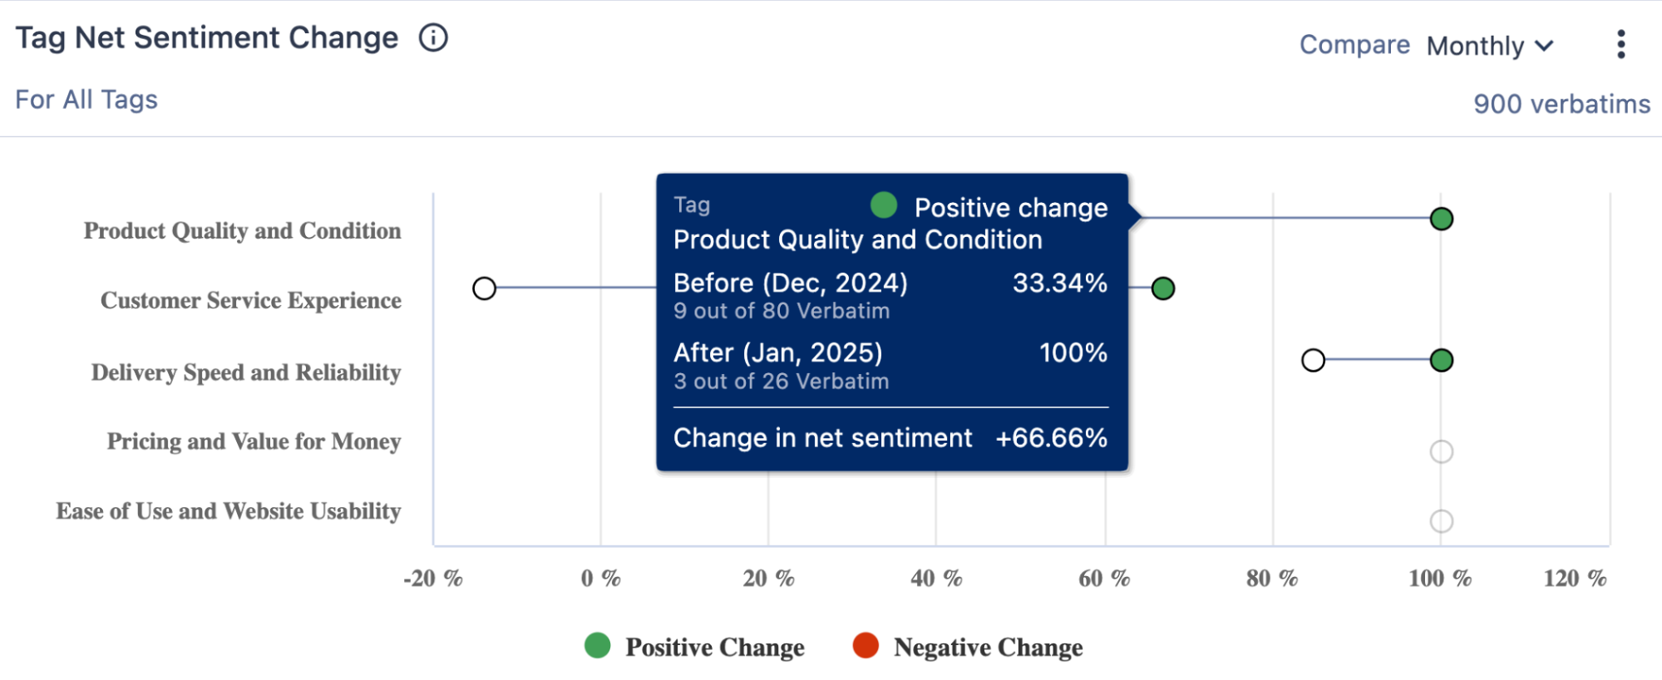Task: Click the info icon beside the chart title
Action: tap(433, 37)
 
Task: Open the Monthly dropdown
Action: tap(1489, 46)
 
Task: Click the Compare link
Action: tap(1354, 44)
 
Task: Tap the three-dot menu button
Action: tap(1620, 44)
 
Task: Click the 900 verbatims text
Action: tap(1561, 104)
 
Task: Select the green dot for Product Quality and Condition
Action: tap(1441, 219)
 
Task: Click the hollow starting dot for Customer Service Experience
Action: tap(484, 288)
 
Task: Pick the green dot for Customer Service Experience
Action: tap(1162, 288)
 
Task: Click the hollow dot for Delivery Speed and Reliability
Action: tap(1313, 360)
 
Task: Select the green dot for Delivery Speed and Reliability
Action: tap(1441, 360)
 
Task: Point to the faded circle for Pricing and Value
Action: tap(1441, 451)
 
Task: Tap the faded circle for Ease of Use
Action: tap(1441, 521)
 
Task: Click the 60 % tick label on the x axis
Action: tap(1103, 579)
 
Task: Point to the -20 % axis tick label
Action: tap(432, 579)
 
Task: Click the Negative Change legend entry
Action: tap(968, 647)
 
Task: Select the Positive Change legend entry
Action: tap(694, 647)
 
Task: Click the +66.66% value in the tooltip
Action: tap(1051, 438)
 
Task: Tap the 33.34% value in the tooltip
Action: tap(1059, 283)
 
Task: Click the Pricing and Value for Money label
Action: tap(254, 441)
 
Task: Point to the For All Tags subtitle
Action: tap(86, 100)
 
